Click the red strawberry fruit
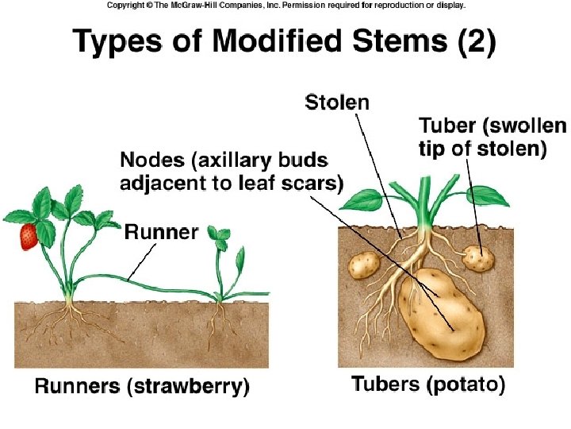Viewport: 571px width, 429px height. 29,236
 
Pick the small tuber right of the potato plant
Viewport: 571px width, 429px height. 478,257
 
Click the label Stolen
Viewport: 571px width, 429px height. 337,102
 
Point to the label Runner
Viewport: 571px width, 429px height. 161,232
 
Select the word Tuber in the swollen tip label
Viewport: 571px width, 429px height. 446,126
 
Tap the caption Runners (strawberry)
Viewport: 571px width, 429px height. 141,387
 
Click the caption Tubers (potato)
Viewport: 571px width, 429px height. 427,385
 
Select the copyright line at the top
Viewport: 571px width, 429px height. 285,6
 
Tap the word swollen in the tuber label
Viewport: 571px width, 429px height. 527,126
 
